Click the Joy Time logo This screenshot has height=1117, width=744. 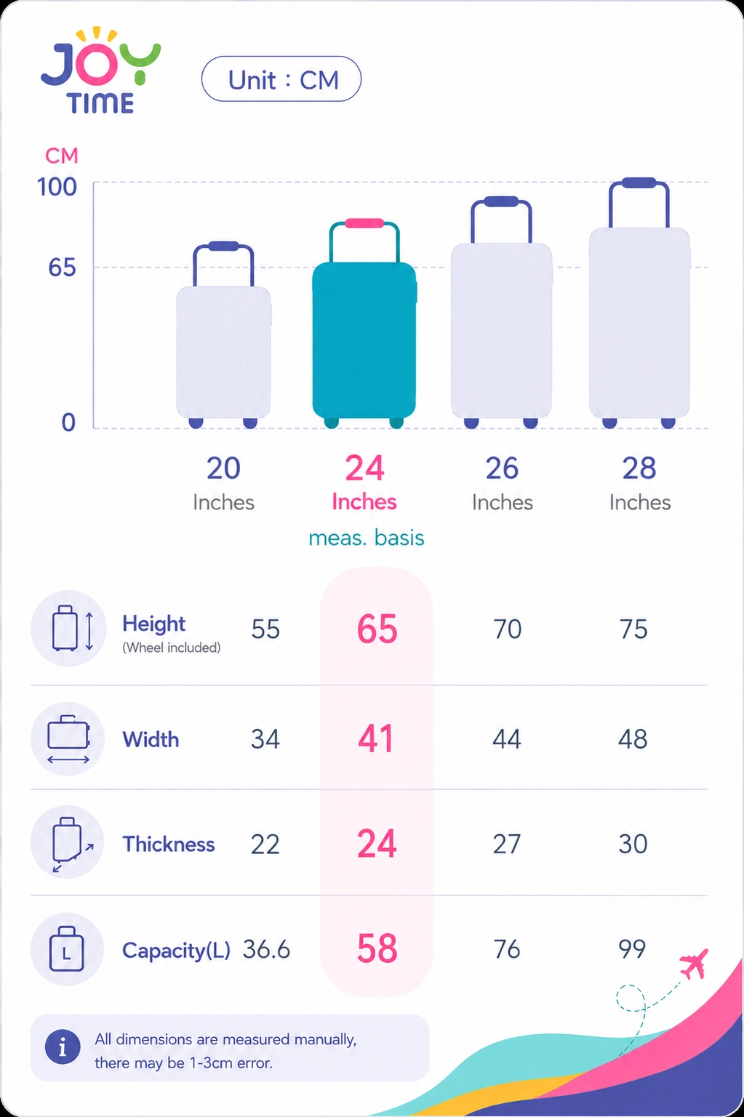pos(100,70)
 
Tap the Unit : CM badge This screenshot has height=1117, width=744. pos(281,78)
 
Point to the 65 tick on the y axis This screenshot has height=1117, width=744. pos(62,267)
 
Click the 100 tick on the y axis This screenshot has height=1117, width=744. pos(57,187)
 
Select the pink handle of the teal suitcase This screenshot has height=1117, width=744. pos(364,223)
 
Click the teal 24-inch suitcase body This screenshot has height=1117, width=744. pos(364,340)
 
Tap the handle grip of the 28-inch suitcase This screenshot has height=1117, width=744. pos(639,182)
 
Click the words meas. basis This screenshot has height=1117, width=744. pos(367,538)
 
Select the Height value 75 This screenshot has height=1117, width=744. pos(633,629)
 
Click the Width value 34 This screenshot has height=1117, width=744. pos(265,739)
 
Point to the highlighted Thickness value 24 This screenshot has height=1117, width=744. pos(377,844)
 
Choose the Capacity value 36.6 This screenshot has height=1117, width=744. pos(266,949)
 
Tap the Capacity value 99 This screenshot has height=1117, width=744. pos(632,948)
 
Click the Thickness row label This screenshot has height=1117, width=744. pos(169,844)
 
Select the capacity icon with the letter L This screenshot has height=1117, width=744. pos(67,948)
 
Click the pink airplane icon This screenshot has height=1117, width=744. pos(694,964)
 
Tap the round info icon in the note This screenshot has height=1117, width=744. pos(63,1047)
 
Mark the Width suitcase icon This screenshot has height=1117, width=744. pos(68,739)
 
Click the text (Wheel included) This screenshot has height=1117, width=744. pos(171,648)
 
